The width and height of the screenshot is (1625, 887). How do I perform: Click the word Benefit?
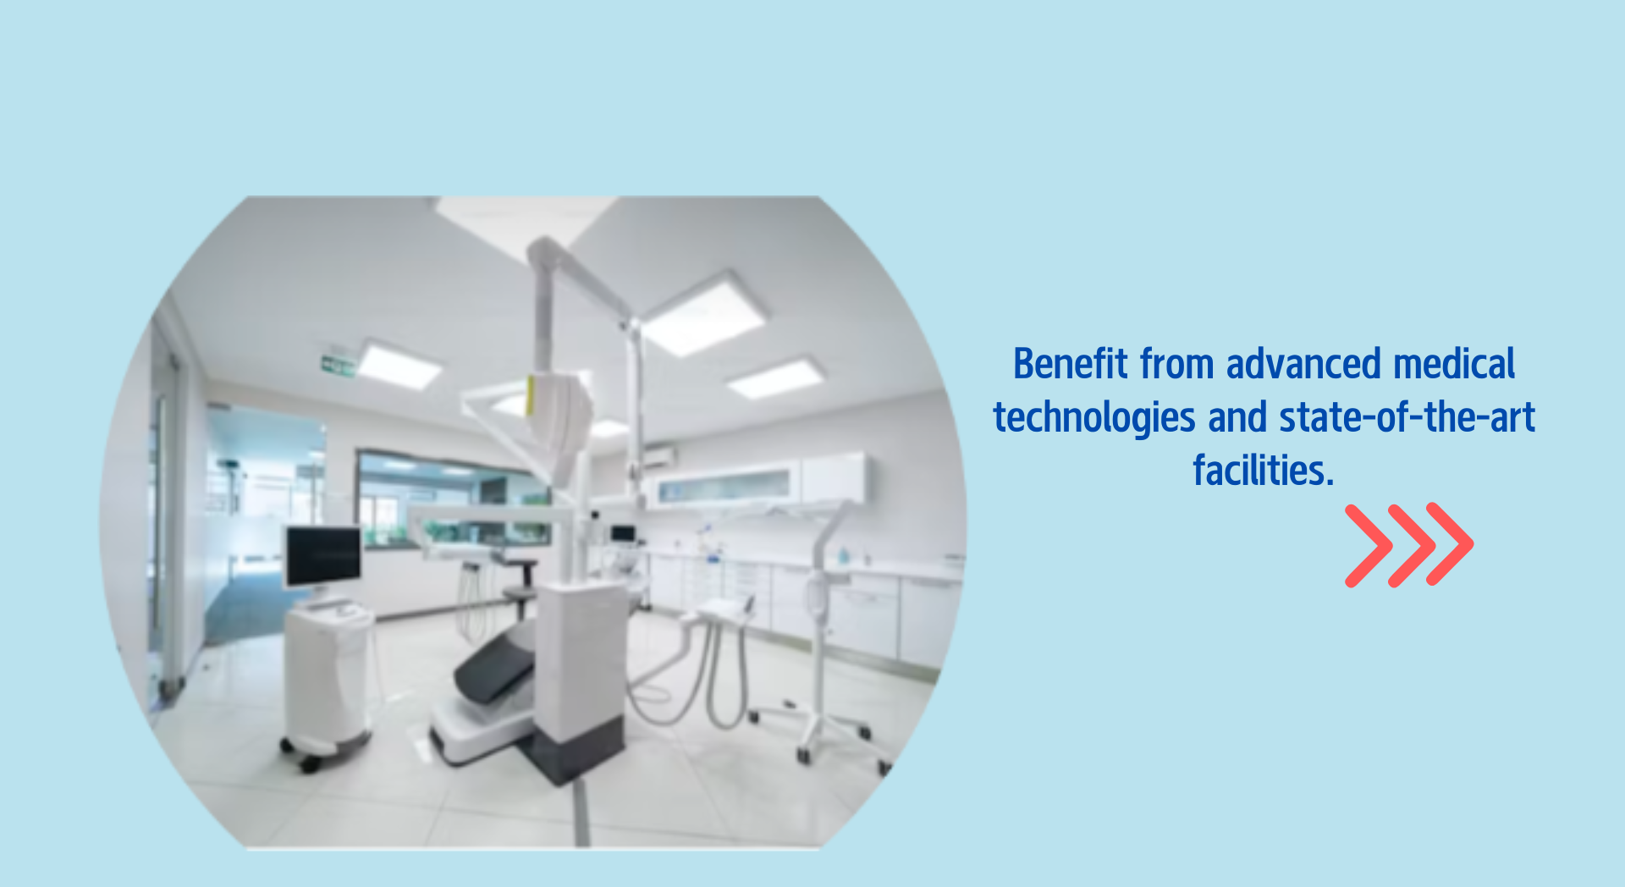[1071, 364]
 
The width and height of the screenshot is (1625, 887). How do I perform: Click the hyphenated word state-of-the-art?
[1407, 417]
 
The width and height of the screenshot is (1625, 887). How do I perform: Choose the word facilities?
[1264, 471]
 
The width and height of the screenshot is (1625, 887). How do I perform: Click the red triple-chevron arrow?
[1409, 545]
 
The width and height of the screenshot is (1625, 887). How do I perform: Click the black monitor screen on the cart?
[322, 555]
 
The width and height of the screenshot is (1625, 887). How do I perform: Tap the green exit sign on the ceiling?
[337, 366]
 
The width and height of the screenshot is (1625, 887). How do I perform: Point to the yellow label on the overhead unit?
[530, 395]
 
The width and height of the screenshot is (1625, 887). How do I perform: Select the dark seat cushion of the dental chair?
[495, 665]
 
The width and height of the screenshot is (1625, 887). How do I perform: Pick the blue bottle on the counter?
[843, 556]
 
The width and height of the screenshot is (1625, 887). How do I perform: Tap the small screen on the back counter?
[623, 534]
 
